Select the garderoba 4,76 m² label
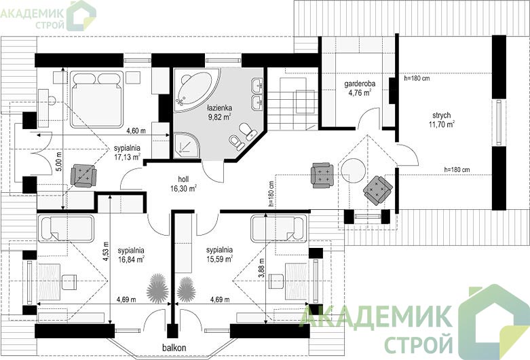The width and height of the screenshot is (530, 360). [360, 88]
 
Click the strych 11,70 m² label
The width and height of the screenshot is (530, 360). [442, 120]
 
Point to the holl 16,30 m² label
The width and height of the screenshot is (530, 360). [183, 183]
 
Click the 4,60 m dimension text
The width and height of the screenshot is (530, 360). [136, 130]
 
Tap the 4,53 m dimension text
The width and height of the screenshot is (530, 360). [106, 251]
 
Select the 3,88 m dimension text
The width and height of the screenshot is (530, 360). [261, 268]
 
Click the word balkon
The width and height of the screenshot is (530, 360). [174, 348]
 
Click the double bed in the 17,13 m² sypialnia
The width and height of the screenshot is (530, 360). [96, 99]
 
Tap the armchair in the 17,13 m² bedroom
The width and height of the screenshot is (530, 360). [83, 175]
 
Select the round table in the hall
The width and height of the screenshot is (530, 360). [353, 171]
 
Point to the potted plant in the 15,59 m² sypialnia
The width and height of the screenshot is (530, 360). [186, 289]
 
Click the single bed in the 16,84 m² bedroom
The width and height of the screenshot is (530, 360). [66, 229]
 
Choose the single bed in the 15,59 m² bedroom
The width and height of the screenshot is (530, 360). [279, 229]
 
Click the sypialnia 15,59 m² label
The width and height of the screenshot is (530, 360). [220, 255]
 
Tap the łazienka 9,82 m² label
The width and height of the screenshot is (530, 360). [219, 113]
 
